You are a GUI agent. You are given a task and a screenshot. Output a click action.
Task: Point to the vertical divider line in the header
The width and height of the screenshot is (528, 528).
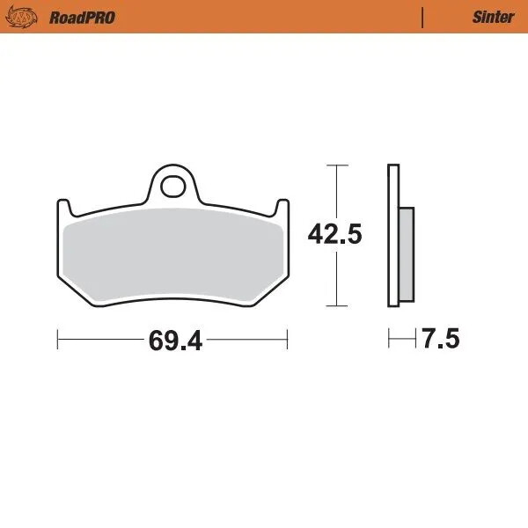[422, 17]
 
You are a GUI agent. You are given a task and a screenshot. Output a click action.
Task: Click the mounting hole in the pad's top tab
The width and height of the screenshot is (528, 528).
[174, 186]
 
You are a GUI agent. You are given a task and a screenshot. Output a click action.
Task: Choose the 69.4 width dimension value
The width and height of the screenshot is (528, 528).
[175, 341]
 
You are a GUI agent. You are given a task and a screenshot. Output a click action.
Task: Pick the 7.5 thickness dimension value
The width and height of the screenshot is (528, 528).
[440, 339]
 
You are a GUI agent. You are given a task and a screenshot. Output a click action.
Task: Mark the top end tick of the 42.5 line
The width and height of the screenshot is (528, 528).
[334, 165]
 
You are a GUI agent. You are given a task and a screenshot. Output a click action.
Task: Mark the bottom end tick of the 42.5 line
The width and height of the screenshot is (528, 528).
[334, 306]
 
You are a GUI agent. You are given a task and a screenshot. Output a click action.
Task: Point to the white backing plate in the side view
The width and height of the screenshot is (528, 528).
[393, 236]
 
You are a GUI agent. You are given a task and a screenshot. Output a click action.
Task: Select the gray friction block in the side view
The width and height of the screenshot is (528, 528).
[407, 253]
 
